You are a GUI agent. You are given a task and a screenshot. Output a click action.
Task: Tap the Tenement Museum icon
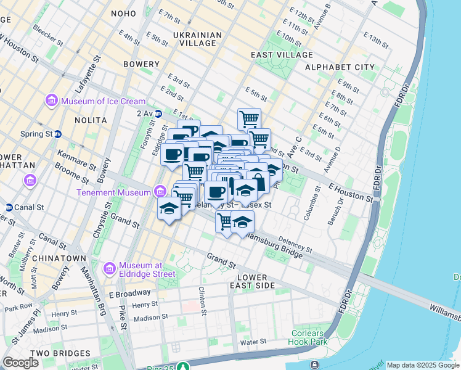pos(160,192)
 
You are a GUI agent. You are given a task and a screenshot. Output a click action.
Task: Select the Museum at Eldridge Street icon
pos(110,268)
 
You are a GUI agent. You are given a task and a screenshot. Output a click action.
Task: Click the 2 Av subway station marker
pos(158,113)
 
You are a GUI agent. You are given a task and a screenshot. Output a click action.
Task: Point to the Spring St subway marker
pos(58,134)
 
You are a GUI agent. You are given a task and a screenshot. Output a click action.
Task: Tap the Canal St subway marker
pos(9,207)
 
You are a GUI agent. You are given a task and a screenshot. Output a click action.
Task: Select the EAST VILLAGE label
pos(279,55)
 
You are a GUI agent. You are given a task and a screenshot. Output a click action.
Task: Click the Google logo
pos(21,363)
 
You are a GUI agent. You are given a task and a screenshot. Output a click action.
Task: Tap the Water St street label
pos(253,341)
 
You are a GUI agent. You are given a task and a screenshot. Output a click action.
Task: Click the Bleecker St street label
pos(48,36)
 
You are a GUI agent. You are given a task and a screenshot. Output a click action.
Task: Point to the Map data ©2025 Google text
pos(423,365)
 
